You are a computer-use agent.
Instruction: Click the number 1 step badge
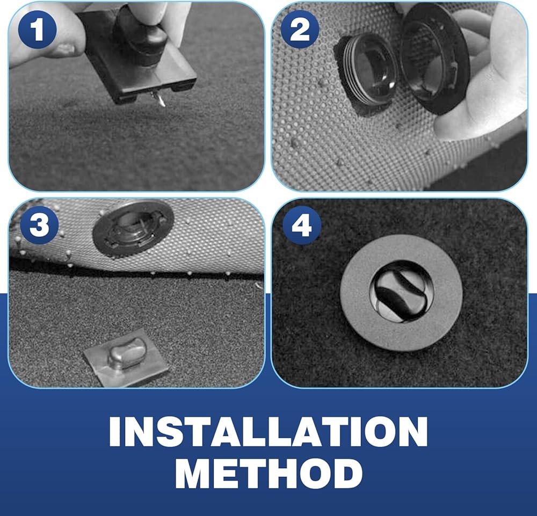tap(38, 30)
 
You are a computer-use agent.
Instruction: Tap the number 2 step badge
tap(300, 29)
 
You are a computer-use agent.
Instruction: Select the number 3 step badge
tap(39, 224)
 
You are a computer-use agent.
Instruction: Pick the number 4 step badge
tap(302, 226)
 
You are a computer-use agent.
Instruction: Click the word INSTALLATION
tap(268, 432)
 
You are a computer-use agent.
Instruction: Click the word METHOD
tap(268, 474)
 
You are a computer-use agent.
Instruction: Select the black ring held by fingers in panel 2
tap(435, 58)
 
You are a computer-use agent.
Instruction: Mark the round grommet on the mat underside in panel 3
tap(133, 228)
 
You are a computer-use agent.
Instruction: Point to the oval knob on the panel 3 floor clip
tap(127, 353)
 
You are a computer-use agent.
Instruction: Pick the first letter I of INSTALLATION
tap(115, 432)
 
